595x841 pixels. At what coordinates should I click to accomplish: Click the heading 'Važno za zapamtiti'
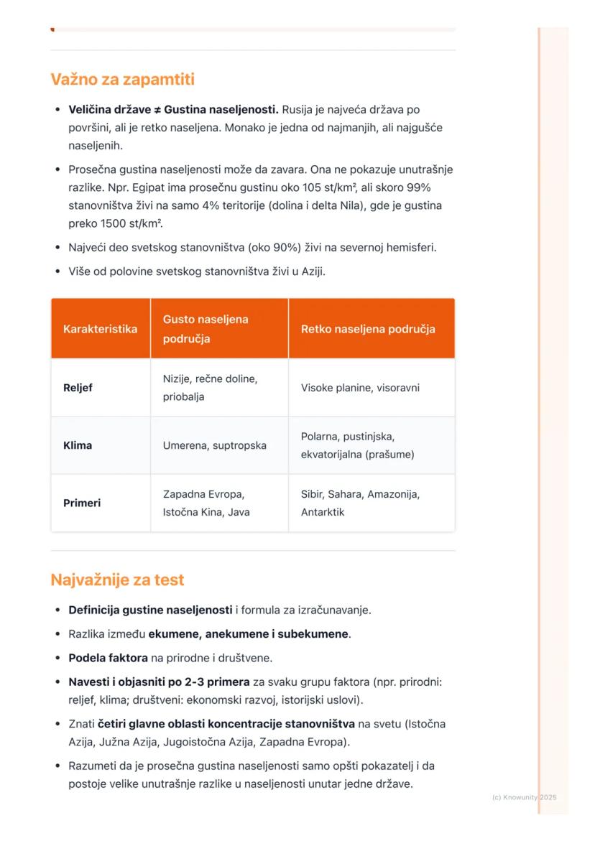[122, 79]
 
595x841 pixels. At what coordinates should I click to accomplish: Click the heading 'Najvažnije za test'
[117, 580]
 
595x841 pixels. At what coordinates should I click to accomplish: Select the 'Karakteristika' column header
[100, 329]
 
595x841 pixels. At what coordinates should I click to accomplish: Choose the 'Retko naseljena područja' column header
[368, 329]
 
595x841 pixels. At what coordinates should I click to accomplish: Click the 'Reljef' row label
[78, 388]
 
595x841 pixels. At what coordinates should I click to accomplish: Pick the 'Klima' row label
[78, 445]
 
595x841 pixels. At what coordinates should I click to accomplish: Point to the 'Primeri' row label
[82, 503]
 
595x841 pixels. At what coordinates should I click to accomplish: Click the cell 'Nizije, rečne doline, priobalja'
[210, 387]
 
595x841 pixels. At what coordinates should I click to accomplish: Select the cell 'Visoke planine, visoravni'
[360, 388]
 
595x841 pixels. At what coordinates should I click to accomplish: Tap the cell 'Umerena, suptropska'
[214, 445]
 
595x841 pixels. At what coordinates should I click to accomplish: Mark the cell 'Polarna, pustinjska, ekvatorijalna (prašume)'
[357, 445]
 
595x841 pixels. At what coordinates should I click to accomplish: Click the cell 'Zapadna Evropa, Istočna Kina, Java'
[206, 503]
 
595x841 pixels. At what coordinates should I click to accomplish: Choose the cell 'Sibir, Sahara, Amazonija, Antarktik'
[360, 503]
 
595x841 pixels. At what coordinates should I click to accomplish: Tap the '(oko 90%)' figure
[271, 248]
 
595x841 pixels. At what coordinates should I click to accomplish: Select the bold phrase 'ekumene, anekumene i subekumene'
[249, 634]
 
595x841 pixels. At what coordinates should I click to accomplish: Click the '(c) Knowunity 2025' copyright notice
[525, 797]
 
